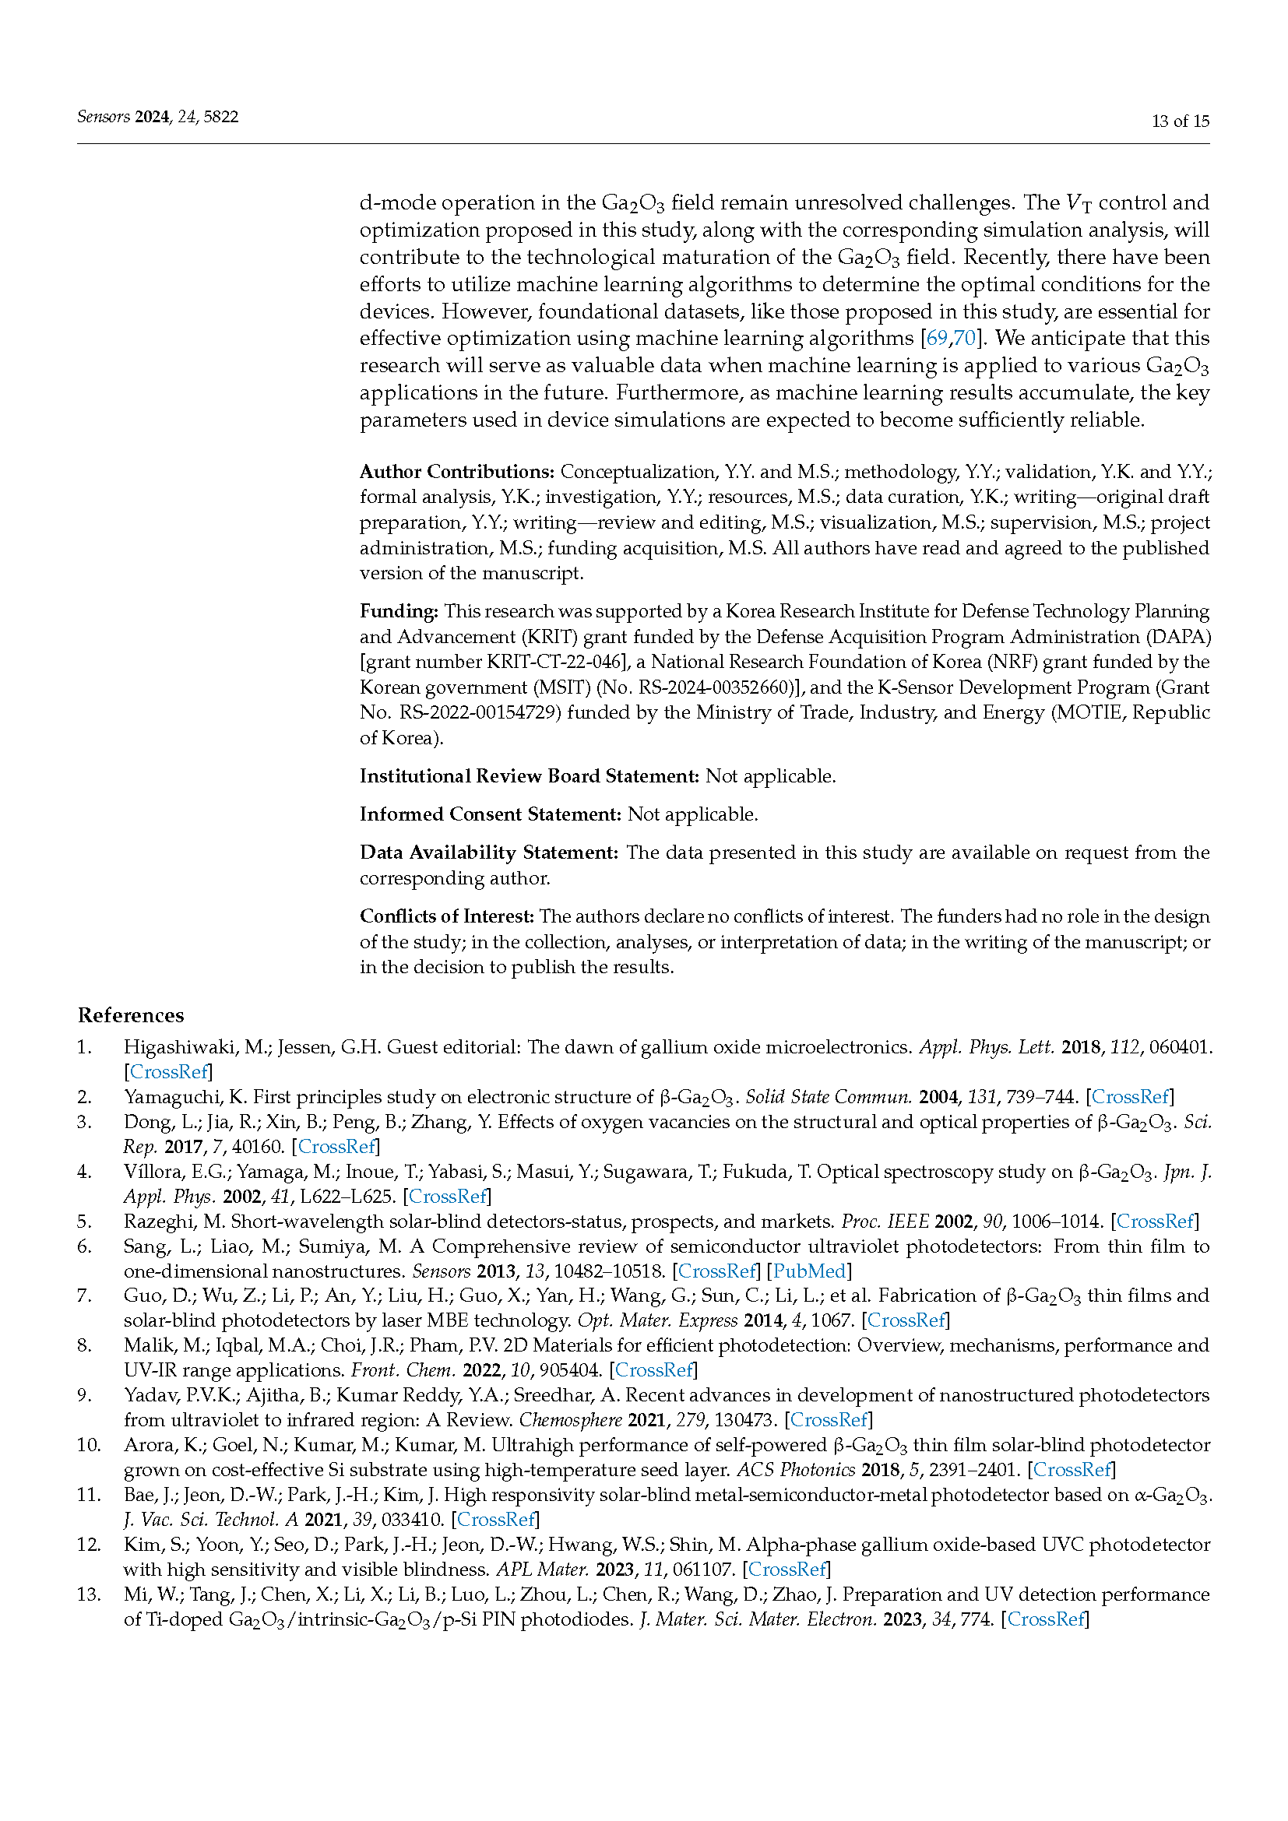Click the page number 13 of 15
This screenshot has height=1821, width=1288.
pyautogui.click(x=1179, y=121)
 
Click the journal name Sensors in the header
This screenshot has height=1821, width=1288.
pyautogui.click(x=103, y=117)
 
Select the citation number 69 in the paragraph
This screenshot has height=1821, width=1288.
pyautogui.click(x=937, y=338)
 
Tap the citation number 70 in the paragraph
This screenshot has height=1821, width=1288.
pyautogui.click(x=964, y=338)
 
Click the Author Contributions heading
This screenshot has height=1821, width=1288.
pyautogui.click(x=457, y=472)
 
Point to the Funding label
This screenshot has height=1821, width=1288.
pyautogui.click(x=399, y=611)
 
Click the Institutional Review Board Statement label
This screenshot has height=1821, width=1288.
pyautogui.click(x=529, y=776)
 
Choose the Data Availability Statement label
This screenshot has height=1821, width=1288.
pyautogui.click(x=488, y=852)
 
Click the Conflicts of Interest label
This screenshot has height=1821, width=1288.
pyautogui.click(x=447, y=917)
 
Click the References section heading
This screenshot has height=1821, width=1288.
pyautogui.click(x=131, y=1015)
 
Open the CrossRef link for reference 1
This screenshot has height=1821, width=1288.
pyautogui.click(x=169, y=1072)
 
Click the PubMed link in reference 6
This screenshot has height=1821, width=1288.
pyautogui.click(x=809, y=1271)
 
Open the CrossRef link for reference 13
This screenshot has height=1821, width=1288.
pyautogui.click(x=1045, y=1619)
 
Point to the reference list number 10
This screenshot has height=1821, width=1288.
pyautogui.click(x=87, y=1445)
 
